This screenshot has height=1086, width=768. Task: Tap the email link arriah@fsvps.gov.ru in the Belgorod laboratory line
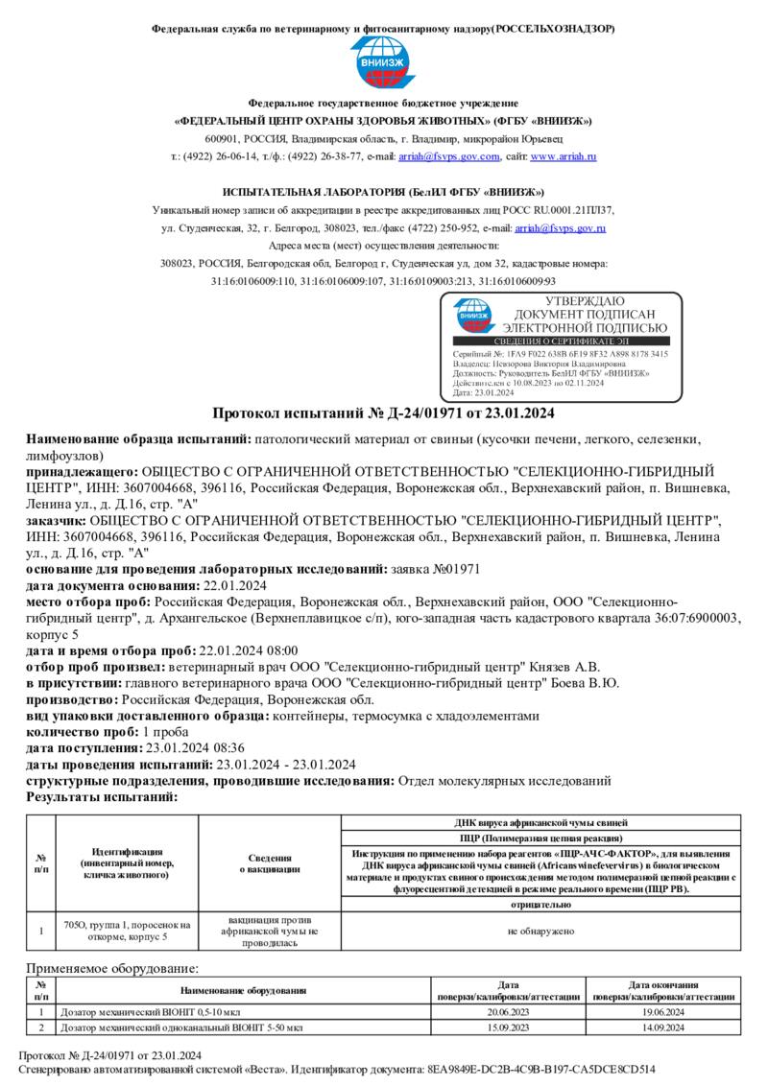point(560,228)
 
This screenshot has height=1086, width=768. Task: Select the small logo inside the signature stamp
point(473,314)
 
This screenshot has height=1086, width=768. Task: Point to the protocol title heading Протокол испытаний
point(383,413)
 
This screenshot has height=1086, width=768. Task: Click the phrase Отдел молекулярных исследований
point(504,780)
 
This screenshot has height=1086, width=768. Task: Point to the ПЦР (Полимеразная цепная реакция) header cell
point(542,838)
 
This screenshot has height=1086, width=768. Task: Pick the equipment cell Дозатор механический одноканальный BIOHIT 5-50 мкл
point(181,1027)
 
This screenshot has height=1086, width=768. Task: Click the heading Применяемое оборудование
point(112,970)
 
